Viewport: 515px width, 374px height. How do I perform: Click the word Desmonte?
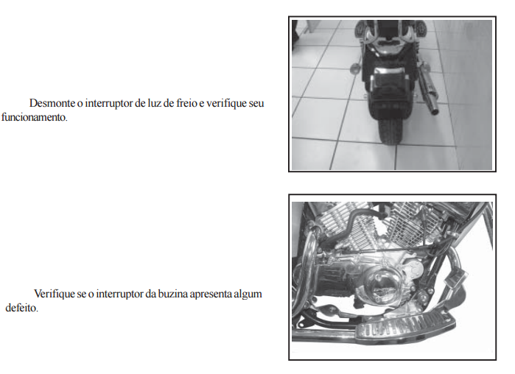coord(52,103)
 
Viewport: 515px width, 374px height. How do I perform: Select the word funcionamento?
coord(34,117)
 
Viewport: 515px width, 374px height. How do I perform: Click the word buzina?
coord(172,294)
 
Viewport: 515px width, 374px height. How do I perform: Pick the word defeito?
coord(21,308)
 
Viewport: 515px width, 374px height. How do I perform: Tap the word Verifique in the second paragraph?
coord(55,294)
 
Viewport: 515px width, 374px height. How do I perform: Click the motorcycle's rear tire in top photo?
coord(390,130)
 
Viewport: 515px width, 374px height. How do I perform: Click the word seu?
coord(256,103)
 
